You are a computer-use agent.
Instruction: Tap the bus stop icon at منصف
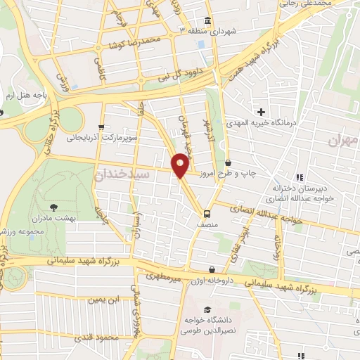tap(207, 214)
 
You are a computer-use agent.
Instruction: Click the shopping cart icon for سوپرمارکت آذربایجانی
tap(103, 128)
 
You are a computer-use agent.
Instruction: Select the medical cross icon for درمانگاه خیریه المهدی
tap(261, 112)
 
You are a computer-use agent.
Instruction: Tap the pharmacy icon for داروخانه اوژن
tap(212, 269)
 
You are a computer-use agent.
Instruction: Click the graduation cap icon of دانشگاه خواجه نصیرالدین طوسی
tap(207, 309)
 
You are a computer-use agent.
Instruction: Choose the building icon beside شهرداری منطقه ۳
tap(207, 20)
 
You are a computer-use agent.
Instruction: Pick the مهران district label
tap(343, 141)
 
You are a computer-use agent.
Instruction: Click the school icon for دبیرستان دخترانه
tap(300, 176)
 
